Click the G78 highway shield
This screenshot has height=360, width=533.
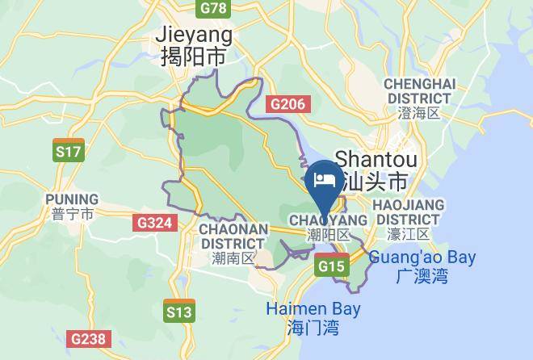coord(213,8)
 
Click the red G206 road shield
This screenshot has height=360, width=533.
coord(287,103)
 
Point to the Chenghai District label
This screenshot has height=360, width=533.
coord(419,90)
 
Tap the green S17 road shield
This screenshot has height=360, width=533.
coord(67,151)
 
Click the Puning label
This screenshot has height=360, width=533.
coord(72,199)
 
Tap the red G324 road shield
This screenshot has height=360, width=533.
coord(153,223)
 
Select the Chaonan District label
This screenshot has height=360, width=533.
coord(233,235)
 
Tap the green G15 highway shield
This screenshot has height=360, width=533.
coord(331,266)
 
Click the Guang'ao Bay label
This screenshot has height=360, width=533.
coord(422,258)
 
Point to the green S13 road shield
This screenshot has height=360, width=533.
coord(178,312)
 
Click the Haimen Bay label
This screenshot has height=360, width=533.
coord(313,308)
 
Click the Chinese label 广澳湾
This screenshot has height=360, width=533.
coord(422,277)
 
